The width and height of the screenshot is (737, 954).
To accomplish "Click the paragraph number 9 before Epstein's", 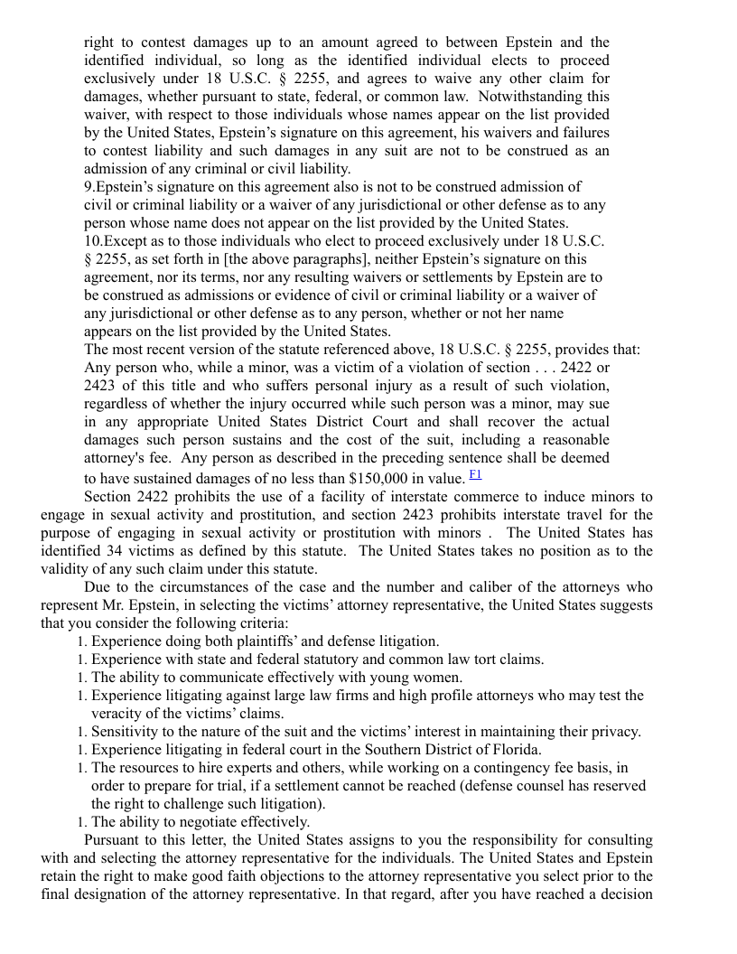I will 88,187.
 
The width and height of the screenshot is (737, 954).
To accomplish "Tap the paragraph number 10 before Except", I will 92,241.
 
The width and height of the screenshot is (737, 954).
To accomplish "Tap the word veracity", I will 118,714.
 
